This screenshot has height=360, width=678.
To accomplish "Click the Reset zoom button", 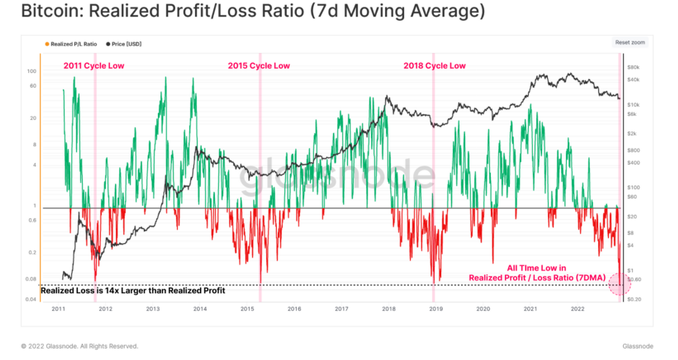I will (x=630, y=42).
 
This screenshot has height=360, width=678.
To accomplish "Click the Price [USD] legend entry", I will (x=126, y=44).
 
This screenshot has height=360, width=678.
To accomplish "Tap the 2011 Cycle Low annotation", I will (x=94, y=66).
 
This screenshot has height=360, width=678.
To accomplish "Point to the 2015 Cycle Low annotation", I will (x=259, y=66).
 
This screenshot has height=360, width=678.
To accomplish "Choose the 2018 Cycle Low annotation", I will (x=434, y=66).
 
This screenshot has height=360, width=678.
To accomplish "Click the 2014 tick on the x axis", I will (x=199, y=309).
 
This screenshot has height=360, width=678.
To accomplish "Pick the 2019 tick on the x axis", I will (x=435, y=309).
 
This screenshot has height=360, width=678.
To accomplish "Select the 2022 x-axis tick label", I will (x=576, y=309).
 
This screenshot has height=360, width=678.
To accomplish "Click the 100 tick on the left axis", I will (x=32, y=71).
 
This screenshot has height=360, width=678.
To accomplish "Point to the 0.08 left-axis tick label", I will (x=31, y=279).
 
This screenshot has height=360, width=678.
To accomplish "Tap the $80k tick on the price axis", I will (x=634, y=67).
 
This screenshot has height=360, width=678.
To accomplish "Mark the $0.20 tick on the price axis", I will (x=634, y=299).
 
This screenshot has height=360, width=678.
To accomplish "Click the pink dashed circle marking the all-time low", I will (x=619, y=283).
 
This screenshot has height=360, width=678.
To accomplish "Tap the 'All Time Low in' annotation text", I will (x=536, y=268).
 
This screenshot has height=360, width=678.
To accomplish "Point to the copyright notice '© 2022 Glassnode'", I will (x=80, y=346).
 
